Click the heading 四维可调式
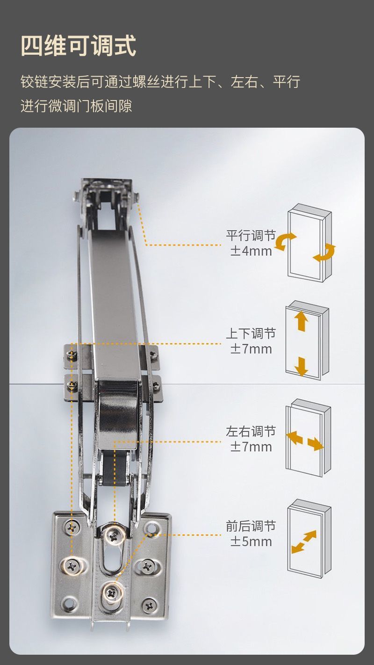point(79,46)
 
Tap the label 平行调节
point(251,235)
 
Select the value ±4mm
point(251,251)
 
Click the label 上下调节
point(251,333)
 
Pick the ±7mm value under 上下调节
point(251,349)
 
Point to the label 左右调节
point(251,431)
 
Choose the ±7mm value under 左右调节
point(251,447)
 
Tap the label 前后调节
point(251,526)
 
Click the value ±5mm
point(251,542)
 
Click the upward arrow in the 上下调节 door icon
point(302,322)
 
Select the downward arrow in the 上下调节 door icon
point(302,366)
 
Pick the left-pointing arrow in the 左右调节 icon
point(294,438)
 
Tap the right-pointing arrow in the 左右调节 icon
point(316,443)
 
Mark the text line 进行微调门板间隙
point(76,106)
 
